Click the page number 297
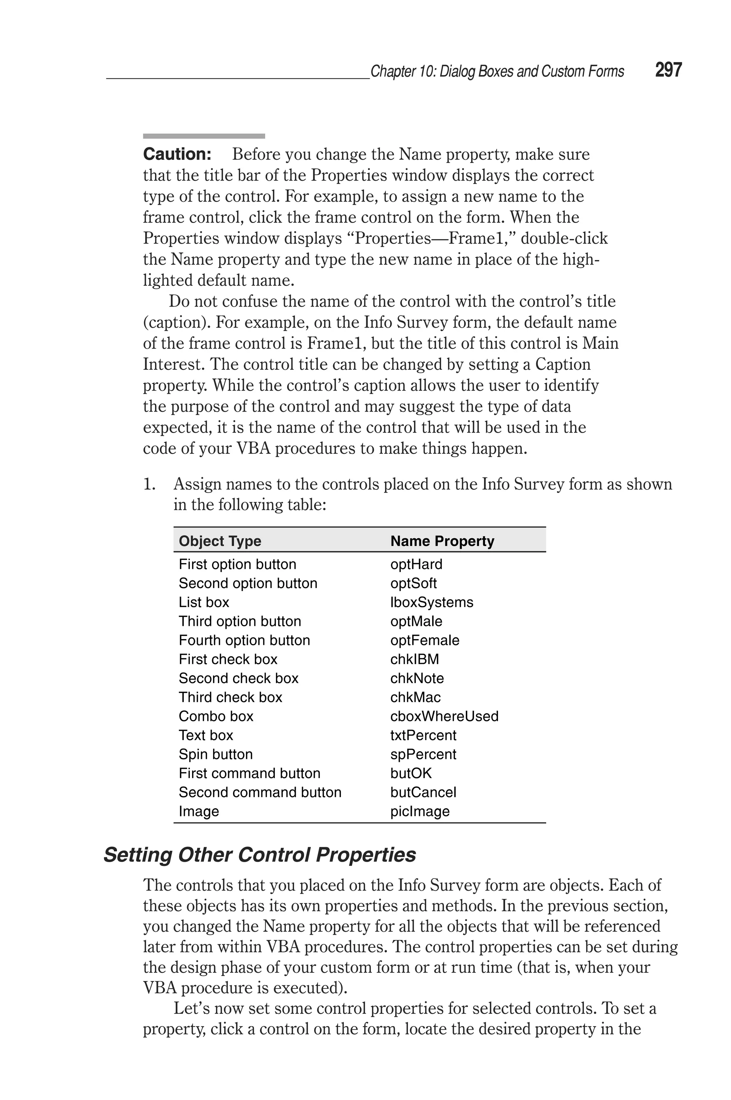click(x=668, y=70)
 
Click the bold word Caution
click(x=177, y=154)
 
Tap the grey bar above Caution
click(x=204, y=136)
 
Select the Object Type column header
click(x=220, y=541)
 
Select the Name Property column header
click(x=442, y=541)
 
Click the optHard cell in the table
click(x=416, y=564)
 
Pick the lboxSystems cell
click(x=431, y=602)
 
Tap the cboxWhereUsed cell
click(x=444, y=716)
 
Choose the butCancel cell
click(x=423, y=792)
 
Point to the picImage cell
click(x=420, y=811)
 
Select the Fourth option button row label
click(x=244, y=641)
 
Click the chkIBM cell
click(x=414, y=659)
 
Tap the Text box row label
click(x=206, y=735)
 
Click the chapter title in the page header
click(x=497, y=71)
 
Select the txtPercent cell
click(x=423, y=735)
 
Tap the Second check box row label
click(x=238, y=678)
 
